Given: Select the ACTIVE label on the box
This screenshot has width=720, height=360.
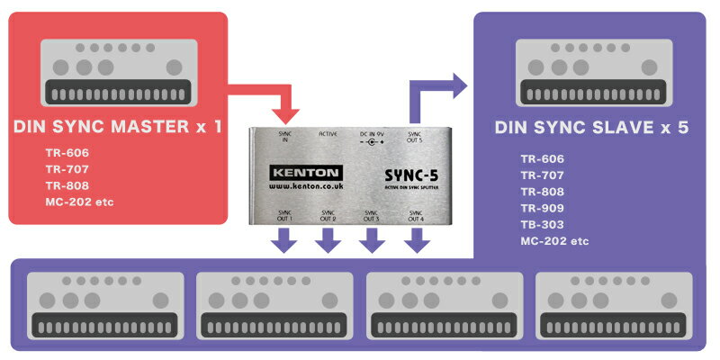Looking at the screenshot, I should coord(328,134).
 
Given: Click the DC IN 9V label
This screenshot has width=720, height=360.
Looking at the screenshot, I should coord(371,134).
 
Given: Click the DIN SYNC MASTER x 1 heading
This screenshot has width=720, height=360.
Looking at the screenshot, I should coord(118,128).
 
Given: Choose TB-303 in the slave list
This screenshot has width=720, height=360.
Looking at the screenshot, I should coord(542,225).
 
